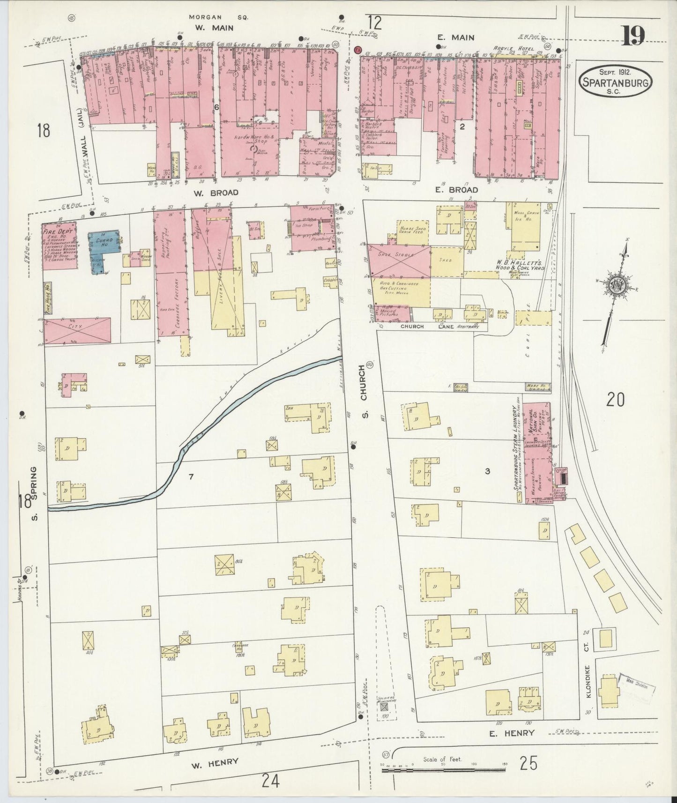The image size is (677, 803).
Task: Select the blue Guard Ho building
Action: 104,246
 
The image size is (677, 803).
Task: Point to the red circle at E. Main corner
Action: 359,50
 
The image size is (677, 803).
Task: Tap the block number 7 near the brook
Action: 191,477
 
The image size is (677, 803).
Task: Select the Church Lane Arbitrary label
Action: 439,327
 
